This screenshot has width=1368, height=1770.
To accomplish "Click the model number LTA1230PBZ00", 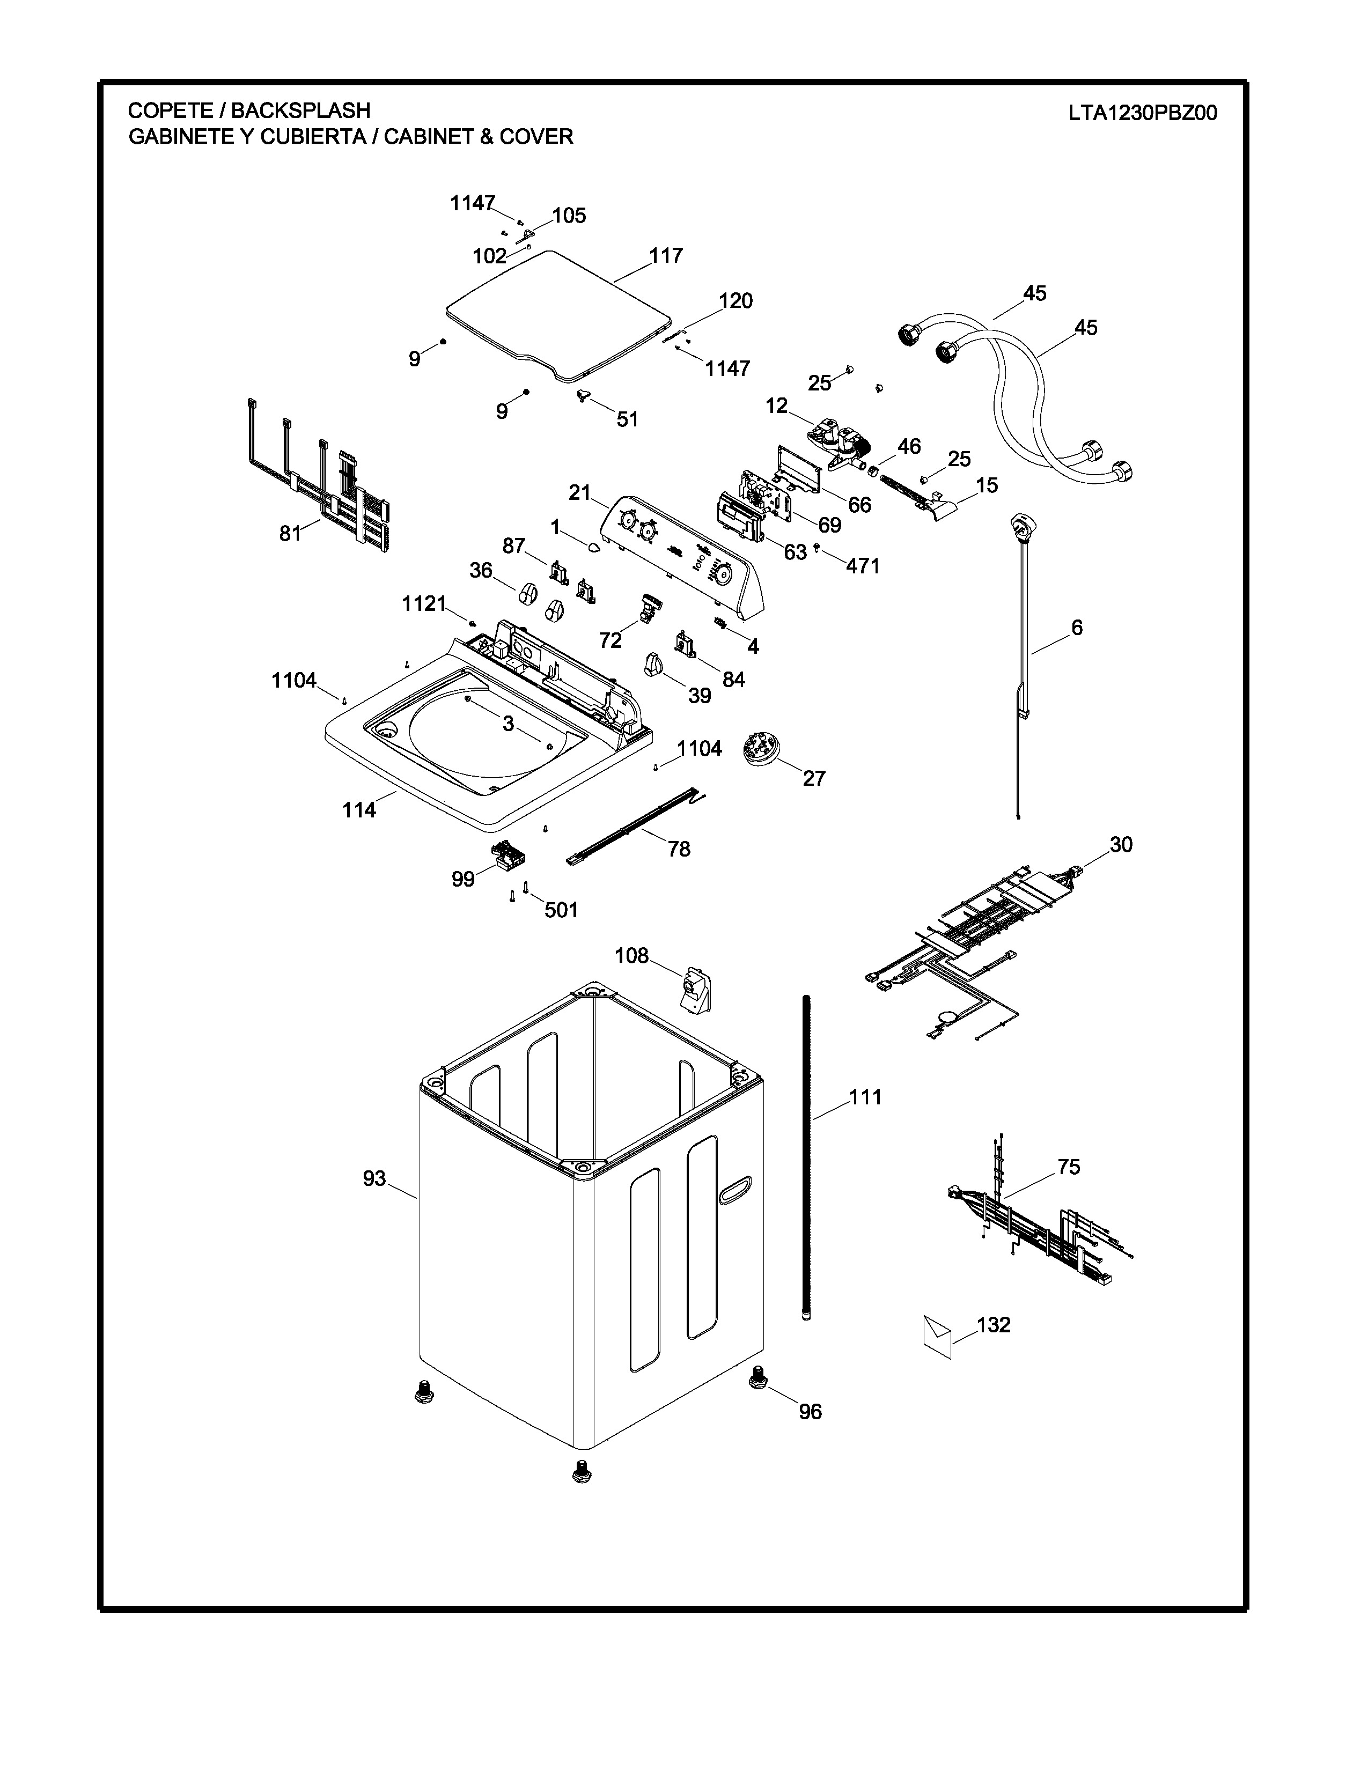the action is point(1143,113).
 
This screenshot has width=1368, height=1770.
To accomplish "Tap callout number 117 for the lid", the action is point(666,255).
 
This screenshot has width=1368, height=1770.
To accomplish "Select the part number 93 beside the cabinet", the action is point(374,1177).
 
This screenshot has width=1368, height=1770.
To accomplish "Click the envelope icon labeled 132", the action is point(938,1337).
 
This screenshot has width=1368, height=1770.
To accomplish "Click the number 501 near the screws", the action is point(561,910).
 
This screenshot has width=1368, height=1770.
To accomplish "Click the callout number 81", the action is point(290,533).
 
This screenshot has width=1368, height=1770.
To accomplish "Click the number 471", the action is point(863,566).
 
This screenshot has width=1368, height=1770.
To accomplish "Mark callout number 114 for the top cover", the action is point(359,809).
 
